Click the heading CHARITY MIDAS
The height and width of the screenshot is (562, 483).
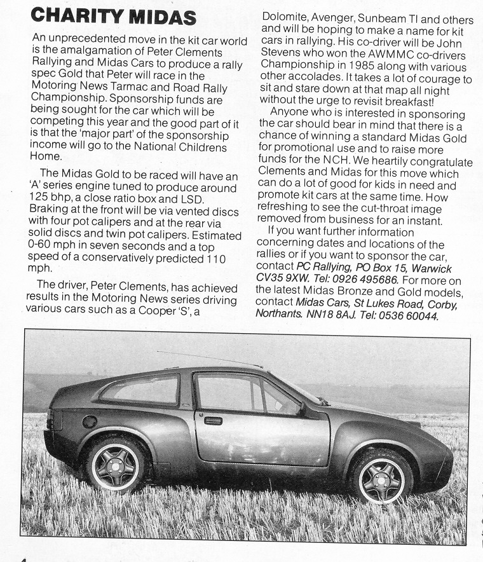click(114, 15)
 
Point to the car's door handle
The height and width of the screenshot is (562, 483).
click(213, 420)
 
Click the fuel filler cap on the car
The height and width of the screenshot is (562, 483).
click(90, 421)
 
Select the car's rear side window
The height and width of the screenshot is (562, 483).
click(142, 390)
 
